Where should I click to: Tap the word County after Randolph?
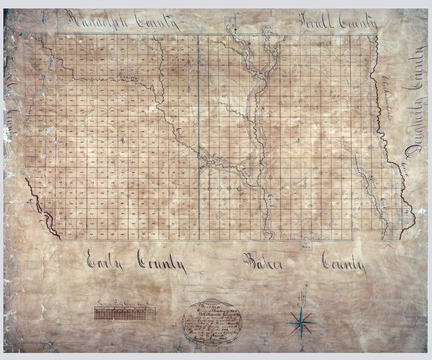coord(156,22)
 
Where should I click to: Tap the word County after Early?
coord(161,265)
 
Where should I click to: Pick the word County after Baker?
coord(343,265)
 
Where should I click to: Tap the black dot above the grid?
coord(236,30)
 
